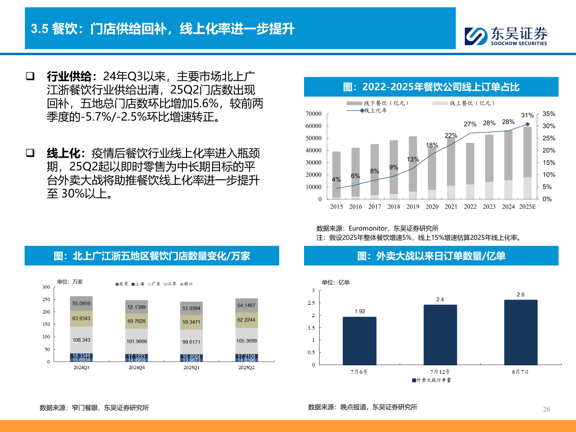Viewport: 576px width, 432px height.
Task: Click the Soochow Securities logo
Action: tap(506, 36)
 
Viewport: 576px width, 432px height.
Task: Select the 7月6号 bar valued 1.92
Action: tap(359, 340)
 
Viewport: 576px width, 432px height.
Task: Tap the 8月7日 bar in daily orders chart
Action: tap(520, 332)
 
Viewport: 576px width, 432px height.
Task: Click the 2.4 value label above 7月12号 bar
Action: tap(440, 300)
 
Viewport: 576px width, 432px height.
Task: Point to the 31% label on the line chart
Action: tap(527, 115)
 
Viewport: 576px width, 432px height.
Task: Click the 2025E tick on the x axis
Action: tap(527, 207)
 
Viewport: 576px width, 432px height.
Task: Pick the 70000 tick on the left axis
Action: tap(314, 114)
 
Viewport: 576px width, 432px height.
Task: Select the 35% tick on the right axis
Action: tap(549, 114)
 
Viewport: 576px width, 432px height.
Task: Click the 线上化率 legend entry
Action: tap(375, 111)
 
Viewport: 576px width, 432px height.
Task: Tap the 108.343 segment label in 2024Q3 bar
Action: tap(81, 340)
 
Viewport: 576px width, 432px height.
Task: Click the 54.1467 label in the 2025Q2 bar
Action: tap(246, 306)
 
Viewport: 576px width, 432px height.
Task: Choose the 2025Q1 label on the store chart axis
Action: tap(191, 368)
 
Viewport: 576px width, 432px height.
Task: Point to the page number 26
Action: tap(546, 409)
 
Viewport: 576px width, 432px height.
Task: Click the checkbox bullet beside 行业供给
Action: tap(30, 76)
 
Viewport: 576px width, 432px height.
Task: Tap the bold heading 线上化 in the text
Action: tap(64, 153)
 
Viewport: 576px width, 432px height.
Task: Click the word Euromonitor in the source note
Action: tap(368, 228)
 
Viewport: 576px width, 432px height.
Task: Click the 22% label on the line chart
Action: tap(451, 136)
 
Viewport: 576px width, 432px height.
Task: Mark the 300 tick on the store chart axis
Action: tap(46, 287)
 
